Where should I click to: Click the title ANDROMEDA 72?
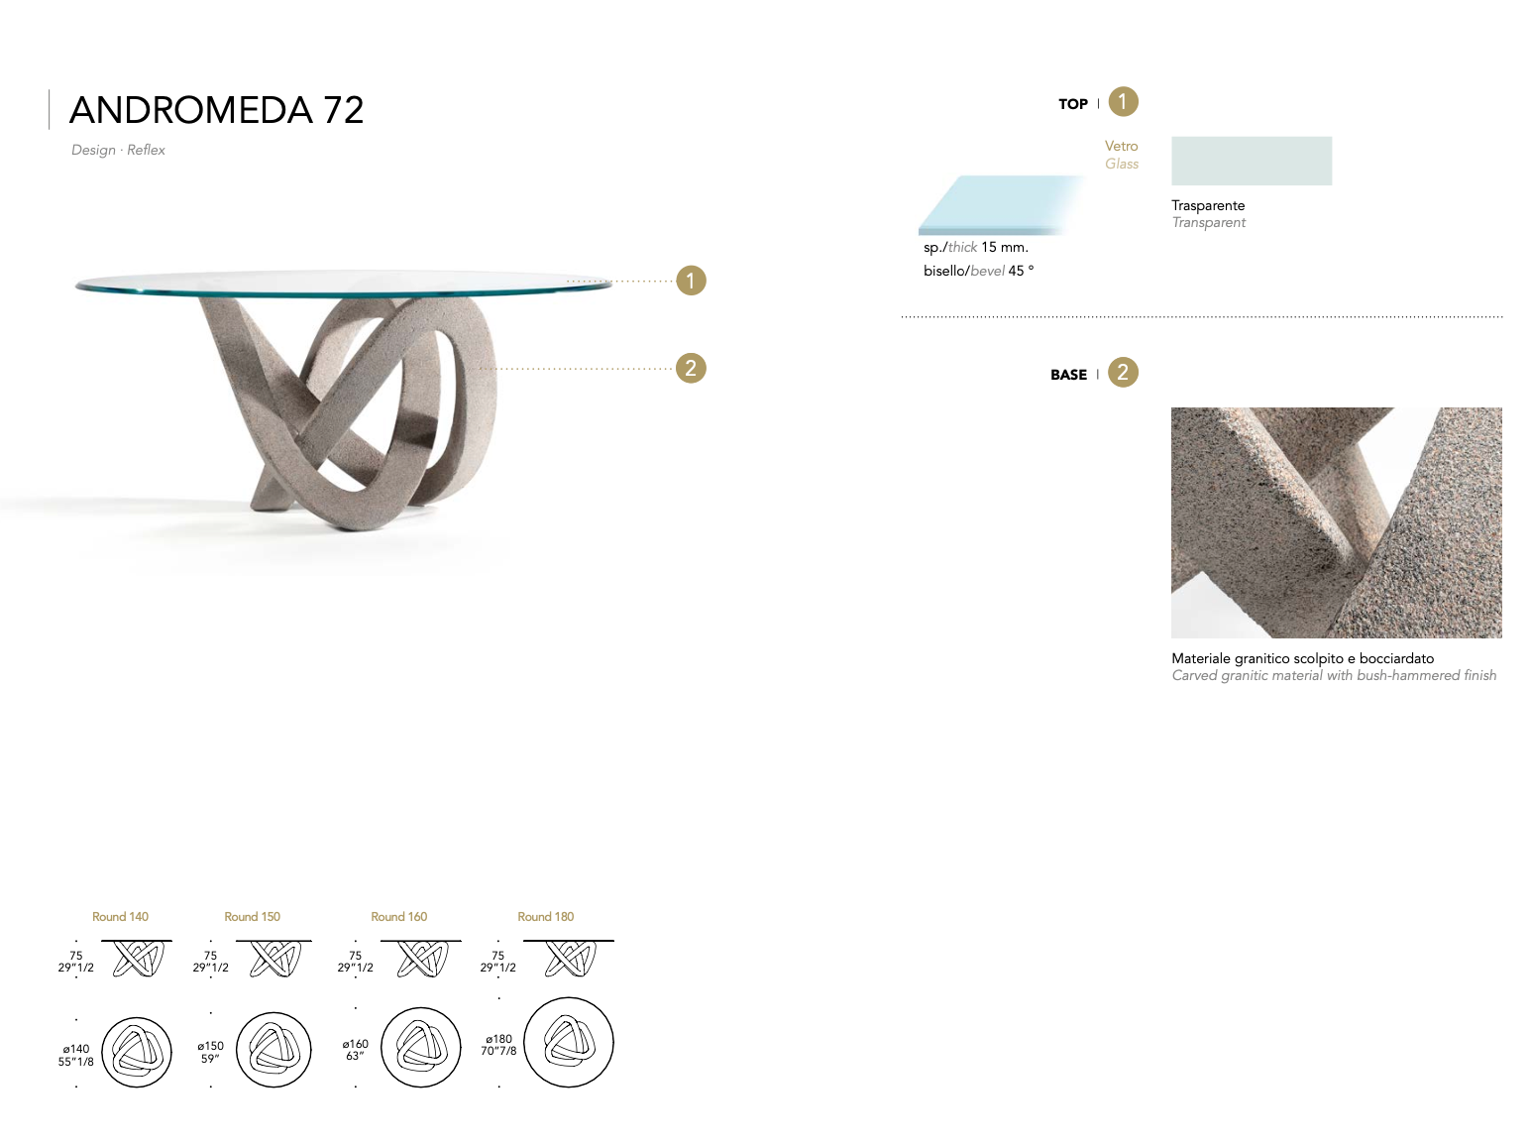pos(216,110)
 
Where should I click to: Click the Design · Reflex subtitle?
pos(118,150)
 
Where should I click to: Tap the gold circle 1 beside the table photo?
pos(691,281)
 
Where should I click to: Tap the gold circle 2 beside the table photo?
pos(691,368)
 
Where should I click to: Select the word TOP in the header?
pos(1072,104)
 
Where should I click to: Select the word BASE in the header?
pos(1068,375)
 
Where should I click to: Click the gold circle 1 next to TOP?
pos(1123,101)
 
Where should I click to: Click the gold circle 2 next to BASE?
pos(1123,373)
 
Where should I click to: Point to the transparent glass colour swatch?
pos(1251,161)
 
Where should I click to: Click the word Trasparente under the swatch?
pos(1208,205)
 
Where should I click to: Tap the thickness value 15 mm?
pos(1004,247)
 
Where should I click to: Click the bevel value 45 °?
pos(1021,271)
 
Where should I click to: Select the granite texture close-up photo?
pos(1336,522)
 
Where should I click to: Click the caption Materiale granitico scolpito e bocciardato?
pos(1302,658)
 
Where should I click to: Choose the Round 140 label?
pos(120,917)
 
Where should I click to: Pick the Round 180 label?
pos(545,917)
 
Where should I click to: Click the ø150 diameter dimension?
pos(210,1046)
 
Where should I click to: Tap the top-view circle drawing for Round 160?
pos(421,1047)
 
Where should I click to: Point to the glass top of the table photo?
pos(337,282)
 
